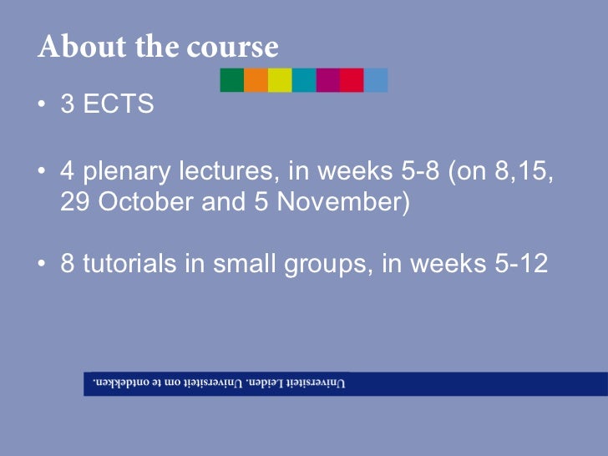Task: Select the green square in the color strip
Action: pos(232,80)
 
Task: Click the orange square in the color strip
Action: pos(256,80)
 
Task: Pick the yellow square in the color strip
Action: pos(281,80)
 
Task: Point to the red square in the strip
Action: pos(352,80)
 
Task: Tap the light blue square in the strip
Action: pos(376,80)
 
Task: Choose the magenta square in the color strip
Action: pos(328,80)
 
